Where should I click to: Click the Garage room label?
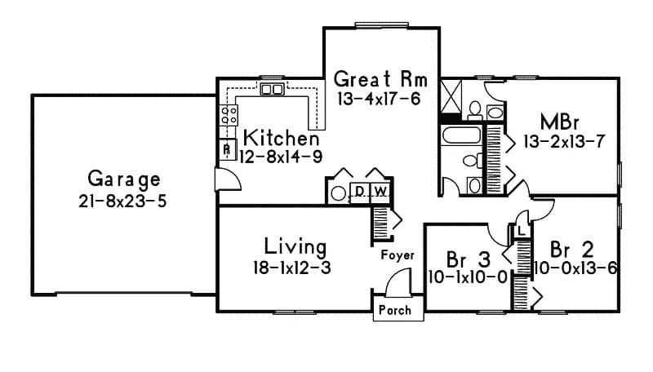pyautogui.click(x=124, y=179)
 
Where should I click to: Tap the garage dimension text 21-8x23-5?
pyautogui.click(x=124, y=200)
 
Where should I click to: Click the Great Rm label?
pyautogui.click(x=381, y=80)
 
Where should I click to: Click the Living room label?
pyautogui.click(x=295, y=246)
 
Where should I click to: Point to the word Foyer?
pyautogui.click(x=398, y=255)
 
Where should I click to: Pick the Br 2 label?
pyautogui.click(x=571, y=249)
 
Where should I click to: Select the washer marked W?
pyautogui.click(x=380, y=193)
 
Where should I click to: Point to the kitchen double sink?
pyautogui.click(x=272, y=89)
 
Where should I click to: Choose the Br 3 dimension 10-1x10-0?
pyautogui.click(x=468, y=277)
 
